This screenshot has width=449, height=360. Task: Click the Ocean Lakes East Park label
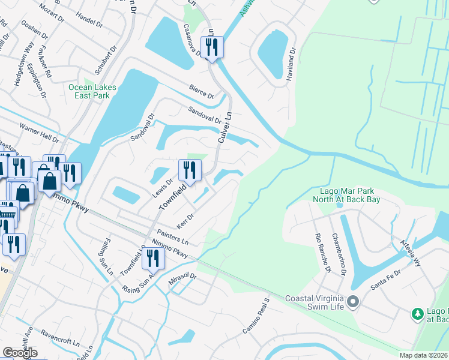click(92, 91)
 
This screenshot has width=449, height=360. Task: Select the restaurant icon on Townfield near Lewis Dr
click(190, 170)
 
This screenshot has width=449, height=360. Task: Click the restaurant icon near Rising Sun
click(154, 258)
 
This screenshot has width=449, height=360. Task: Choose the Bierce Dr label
click(201, 91)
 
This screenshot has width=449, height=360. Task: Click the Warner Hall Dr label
click(39, 133)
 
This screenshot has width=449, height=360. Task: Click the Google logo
click(20, 353)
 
